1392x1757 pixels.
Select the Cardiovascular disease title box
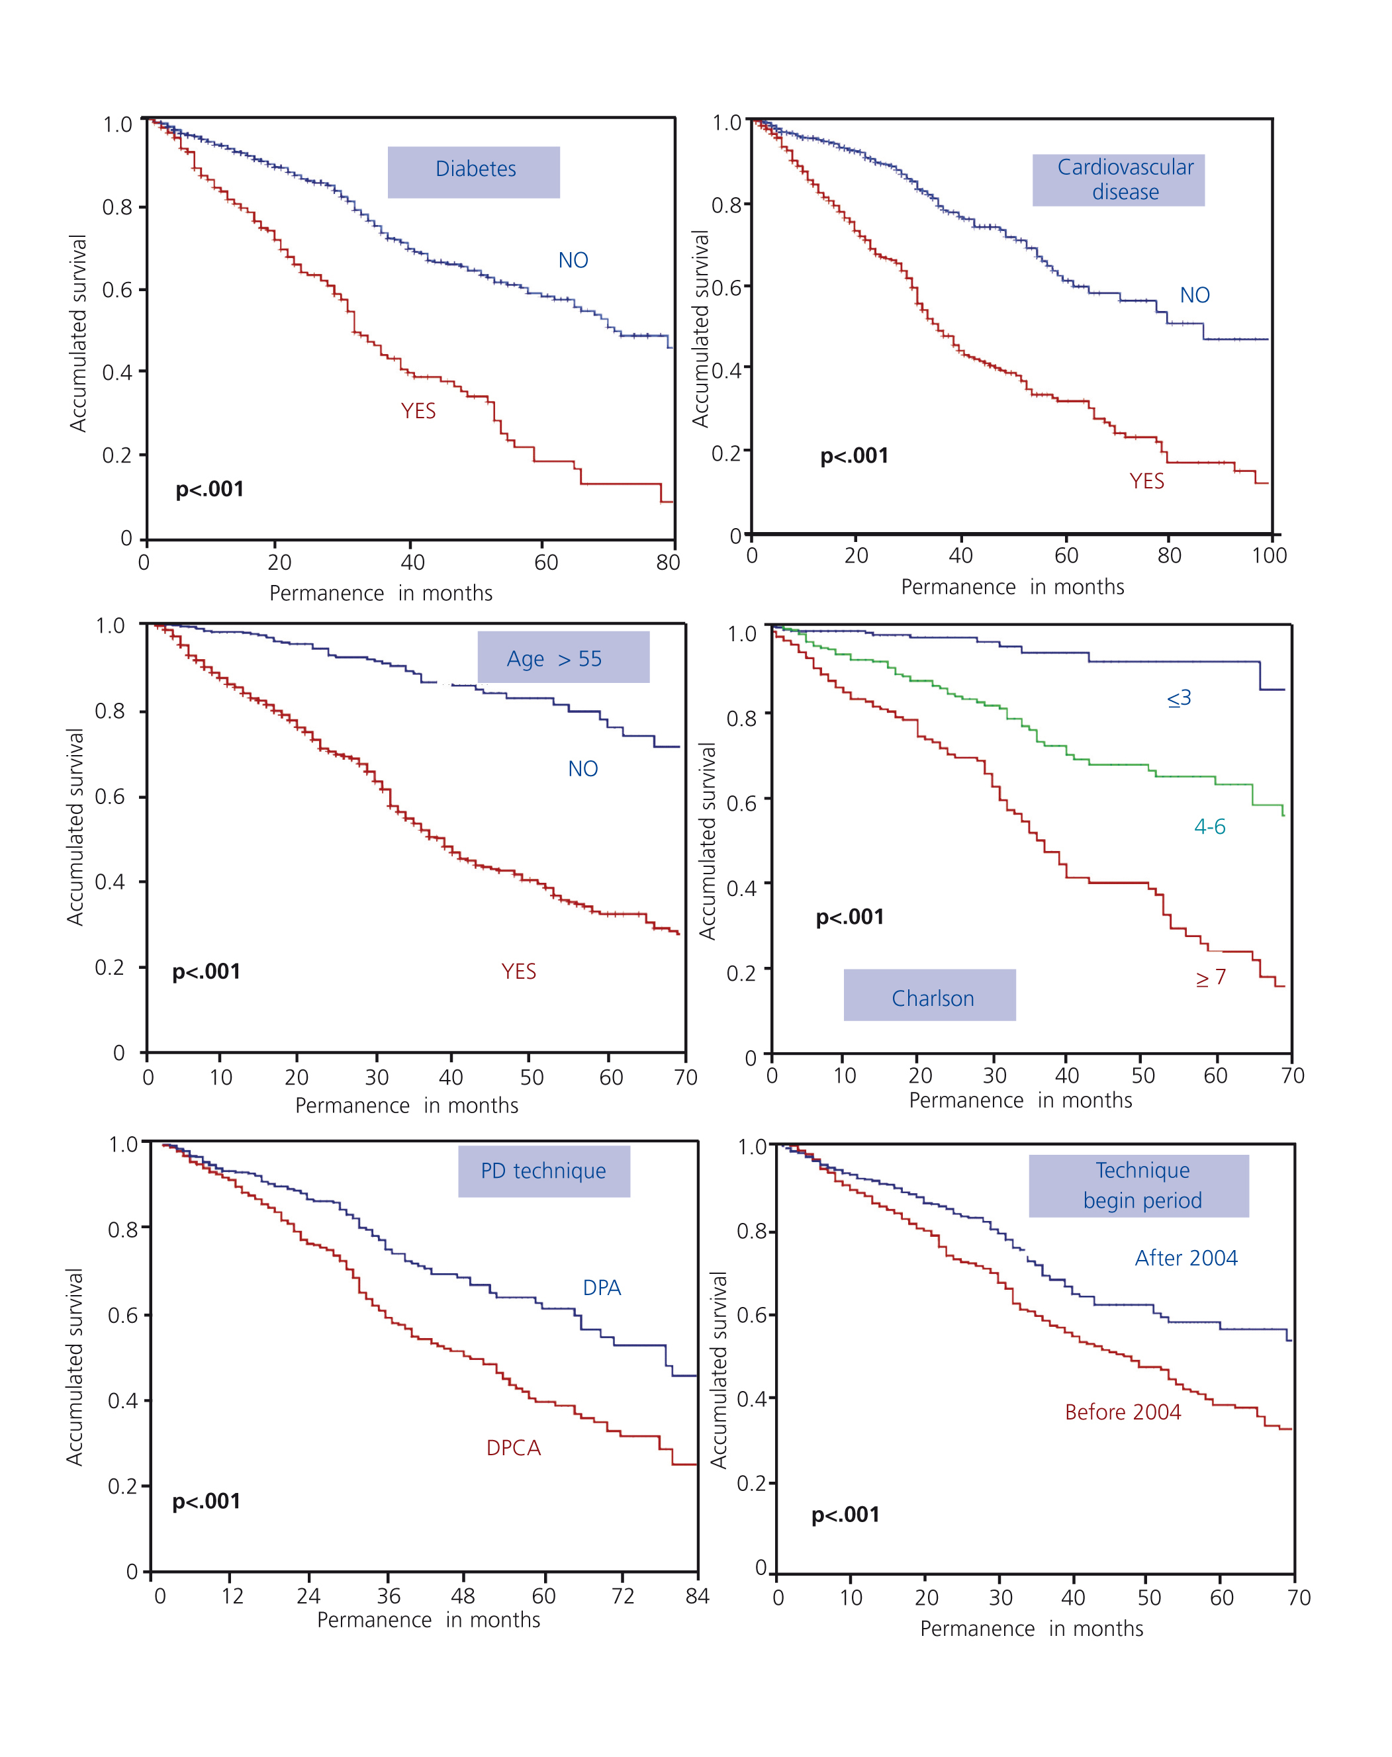coord(1118,180)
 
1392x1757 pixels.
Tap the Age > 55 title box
coord(563,657)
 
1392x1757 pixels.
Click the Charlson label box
coord(929,995)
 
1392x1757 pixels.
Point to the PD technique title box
coord(543,1171)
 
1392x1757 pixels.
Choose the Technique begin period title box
coord(1138,1186)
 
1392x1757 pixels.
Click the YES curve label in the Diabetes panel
coord(418,412)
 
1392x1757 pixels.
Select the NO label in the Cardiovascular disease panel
coord(1194,296)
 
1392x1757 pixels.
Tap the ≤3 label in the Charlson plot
coord(1178,698)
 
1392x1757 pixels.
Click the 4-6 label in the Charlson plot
coord(1209,827)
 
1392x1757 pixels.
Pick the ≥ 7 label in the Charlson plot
coord(1210,977)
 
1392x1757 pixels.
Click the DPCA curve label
coord(514,1448)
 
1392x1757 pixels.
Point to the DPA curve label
coord(602,1288)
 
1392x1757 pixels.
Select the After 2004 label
coord(1185,1258)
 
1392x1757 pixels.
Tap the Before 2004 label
coord(1122,1412)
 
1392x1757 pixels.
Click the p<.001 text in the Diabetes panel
coord(209,490)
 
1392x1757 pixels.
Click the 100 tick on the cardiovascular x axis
coord(1269,556)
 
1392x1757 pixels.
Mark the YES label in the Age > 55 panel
coord(518,971)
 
